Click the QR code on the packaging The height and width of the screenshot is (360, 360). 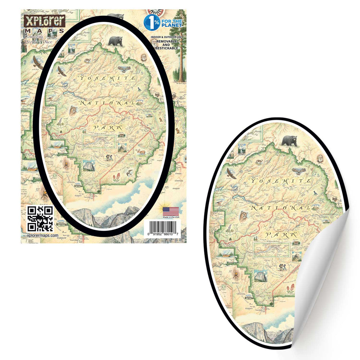pyautogui.click(x=40, y=219)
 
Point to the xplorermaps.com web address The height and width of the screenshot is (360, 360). pyautogui.click(x=42, y=235)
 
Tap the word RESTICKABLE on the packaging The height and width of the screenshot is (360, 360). pyautogui.click(x=167, y=48)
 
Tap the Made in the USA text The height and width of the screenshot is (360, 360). pyautogui.click(x=171, y=217)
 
